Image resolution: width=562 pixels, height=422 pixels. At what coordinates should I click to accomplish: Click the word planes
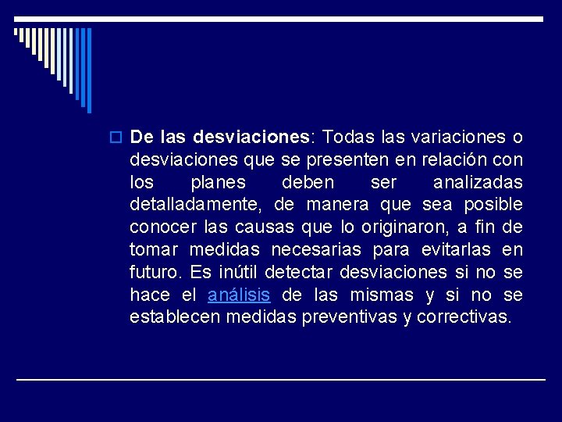coord(218,183)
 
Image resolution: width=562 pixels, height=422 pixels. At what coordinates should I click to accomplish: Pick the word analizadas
coord(477,183)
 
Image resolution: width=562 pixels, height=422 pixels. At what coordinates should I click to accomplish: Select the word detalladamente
coord(199,205)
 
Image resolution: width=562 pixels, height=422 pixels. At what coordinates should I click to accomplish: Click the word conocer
coord(159,227)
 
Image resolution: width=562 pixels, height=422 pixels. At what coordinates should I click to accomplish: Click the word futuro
coord(155,273)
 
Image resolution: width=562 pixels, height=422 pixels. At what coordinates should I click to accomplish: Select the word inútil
coord(237,273)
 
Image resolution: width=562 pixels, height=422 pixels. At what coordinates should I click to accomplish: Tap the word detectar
coord(299,273)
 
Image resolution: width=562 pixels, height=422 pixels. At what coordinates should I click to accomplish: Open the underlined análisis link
coord(239,295)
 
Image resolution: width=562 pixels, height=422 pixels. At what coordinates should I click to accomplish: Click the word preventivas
coord(358,318)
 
